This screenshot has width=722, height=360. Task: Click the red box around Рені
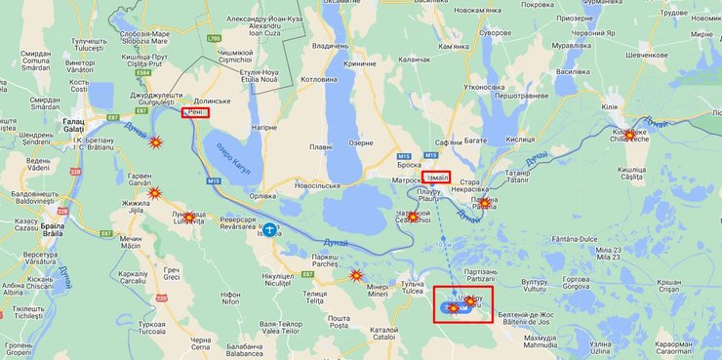pos(194,113)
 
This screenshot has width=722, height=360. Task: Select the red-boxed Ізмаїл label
pos(436,178)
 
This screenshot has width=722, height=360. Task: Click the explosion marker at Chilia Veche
pos(629,135)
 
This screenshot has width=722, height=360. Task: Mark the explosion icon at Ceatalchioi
pos(413,216)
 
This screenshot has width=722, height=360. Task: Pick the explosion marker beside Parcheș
pos(356,276)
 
